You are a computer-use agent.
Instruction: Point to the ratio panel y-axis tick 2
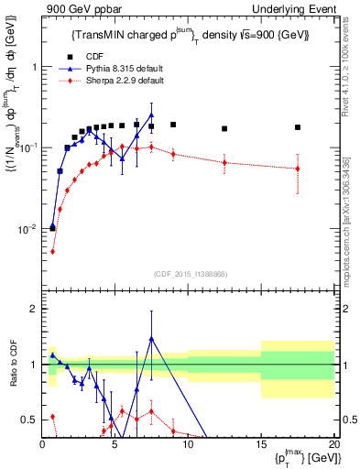pos(33,309)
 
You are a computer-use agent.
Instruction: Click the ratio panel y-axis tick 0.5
pos(29,420)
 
